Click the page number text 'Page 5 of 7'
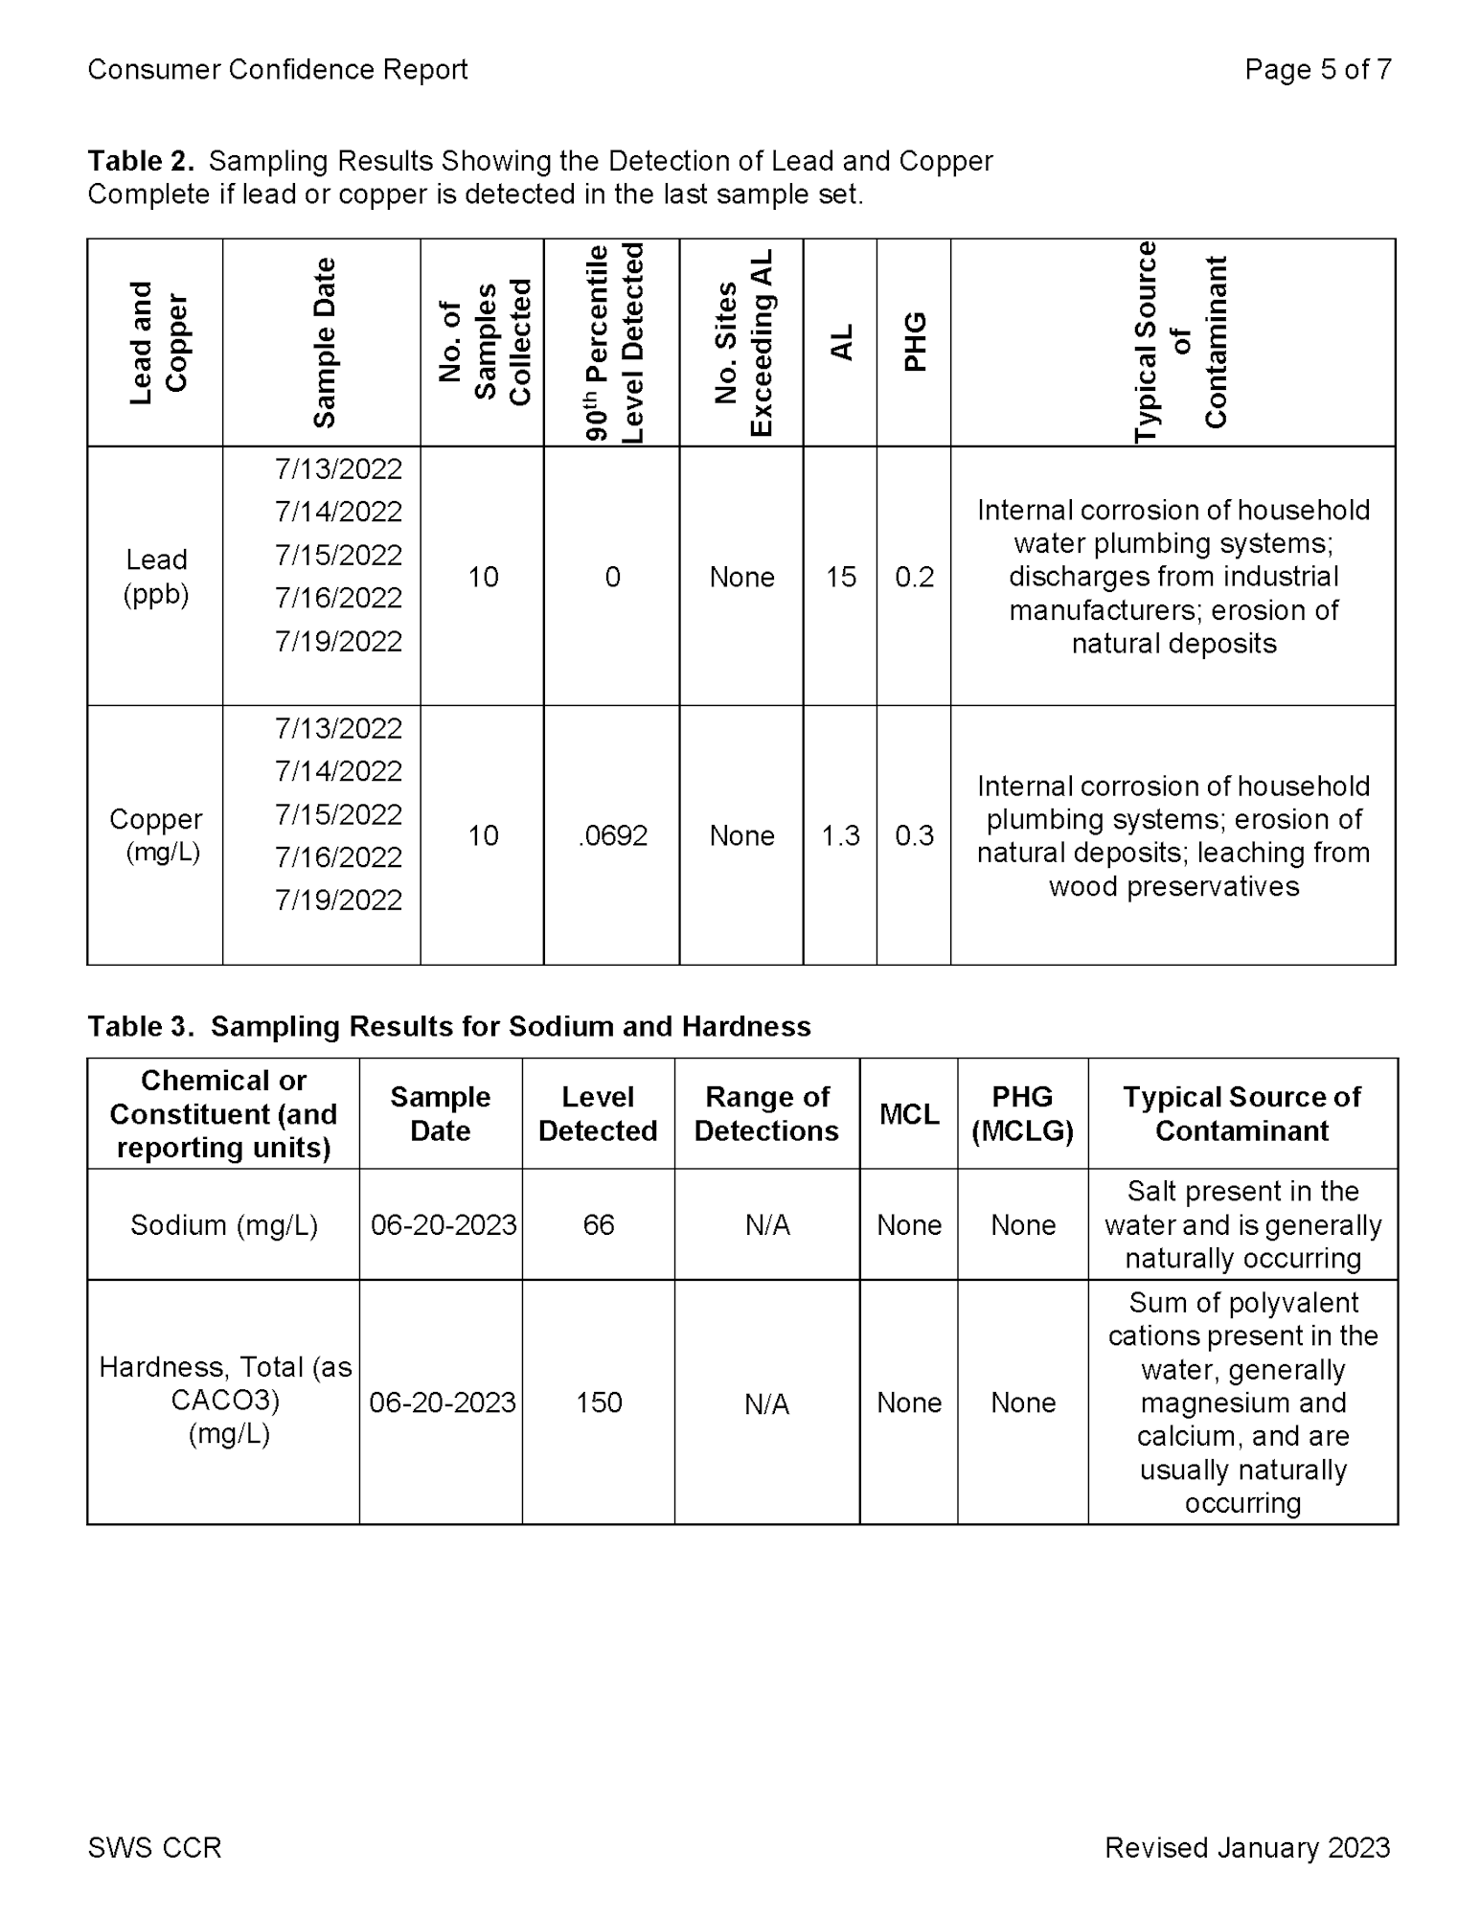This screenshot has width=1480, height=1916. pyautogui.click(x=1317, y=70)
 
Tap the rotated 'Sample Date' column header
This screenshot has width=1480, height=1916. pyautogui.click(x=324, y=342)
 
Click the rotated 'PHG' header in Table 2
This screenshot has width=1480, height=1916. pyautogui.click(x=915, y=342)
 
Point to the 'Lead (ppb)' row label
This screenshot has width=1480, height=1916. pyautogui.click(x=155, y=577)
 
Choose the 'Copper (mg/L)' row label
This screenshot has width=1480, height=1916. pyautogui.click(x=155, y=835)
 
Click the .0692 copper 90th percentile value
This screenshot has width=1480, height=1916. pyautogui.click(x=613, y=835)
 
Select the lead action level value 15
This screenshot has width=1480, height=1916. pyautogui.click(x=840, y=577)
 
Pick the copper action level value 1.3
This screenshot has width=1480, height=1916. pyautogui.click(x=840, y=835)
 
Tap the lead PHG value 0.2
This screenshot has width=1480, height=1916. pyautogui.click(x=914, y=577)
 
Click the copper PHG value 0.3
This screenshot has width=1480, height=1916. pyautogui.click(x=914, y=835)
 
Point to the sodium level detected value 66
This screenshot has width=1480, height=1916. pyautogui.click(x=599, y=1224)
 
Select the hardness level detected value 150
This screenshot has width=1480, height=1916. pyautogui.click(x=599, y=1403)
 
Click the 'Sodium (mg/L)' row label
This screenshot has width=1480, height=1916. pyautogui.click(x=223, y=1224)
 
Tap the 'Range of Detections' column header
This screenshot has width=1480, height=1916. pyautogui.click(x=766, y=1113)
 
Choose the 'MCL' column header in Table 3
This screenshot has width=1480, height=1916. pyautogui.click(x=908, y=1114)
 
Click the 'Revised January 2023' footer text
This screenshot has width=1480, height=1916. pyautogui.click(x=1247, y=1848)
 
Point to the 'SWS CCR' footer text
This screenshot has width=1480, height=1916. pyautogui.click(x=154, y=1848)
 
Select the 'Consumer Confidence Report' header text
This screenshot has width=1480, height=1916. pyautogui.click(x=278, y=70)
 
